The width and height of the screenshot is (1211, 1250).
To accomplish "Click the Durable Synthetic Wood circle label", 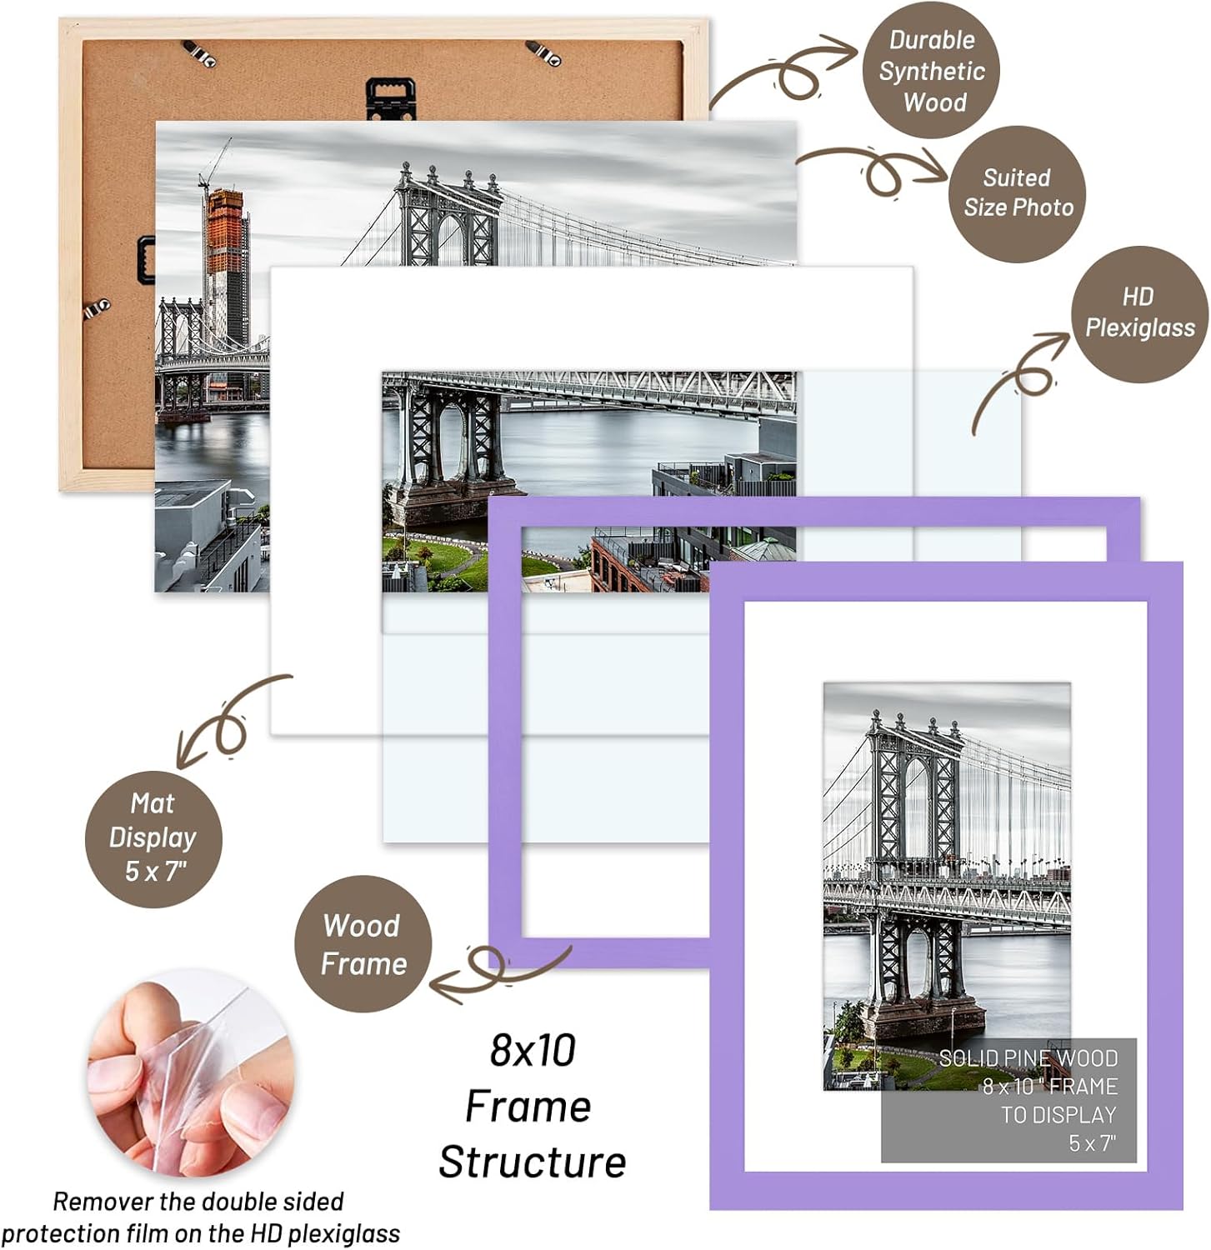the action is (931, 70).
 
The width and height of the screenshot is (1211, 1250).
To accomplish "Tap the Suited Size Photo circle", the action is (1018, 194).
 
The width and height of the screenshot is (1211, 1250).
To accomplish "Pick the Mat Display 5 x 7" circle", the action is (153, 838).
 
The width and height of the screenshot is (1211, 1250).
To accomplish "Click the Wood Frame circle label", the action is (363, 944).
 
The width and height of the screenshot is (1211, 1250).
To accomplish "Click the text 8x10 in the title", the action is (533, 1050).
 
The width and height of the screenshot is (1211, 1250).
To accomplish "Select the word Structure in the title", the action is (533, 1162).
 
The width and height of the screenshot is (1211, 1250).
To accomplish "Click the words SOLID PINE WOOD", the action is (1028, 1058).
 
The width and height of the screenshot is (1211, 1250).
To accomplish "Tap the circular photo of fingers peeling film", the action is (190, 1073).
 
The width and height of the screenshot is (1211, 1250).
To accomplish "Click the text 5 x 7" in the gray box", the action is (1092, 1142).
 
